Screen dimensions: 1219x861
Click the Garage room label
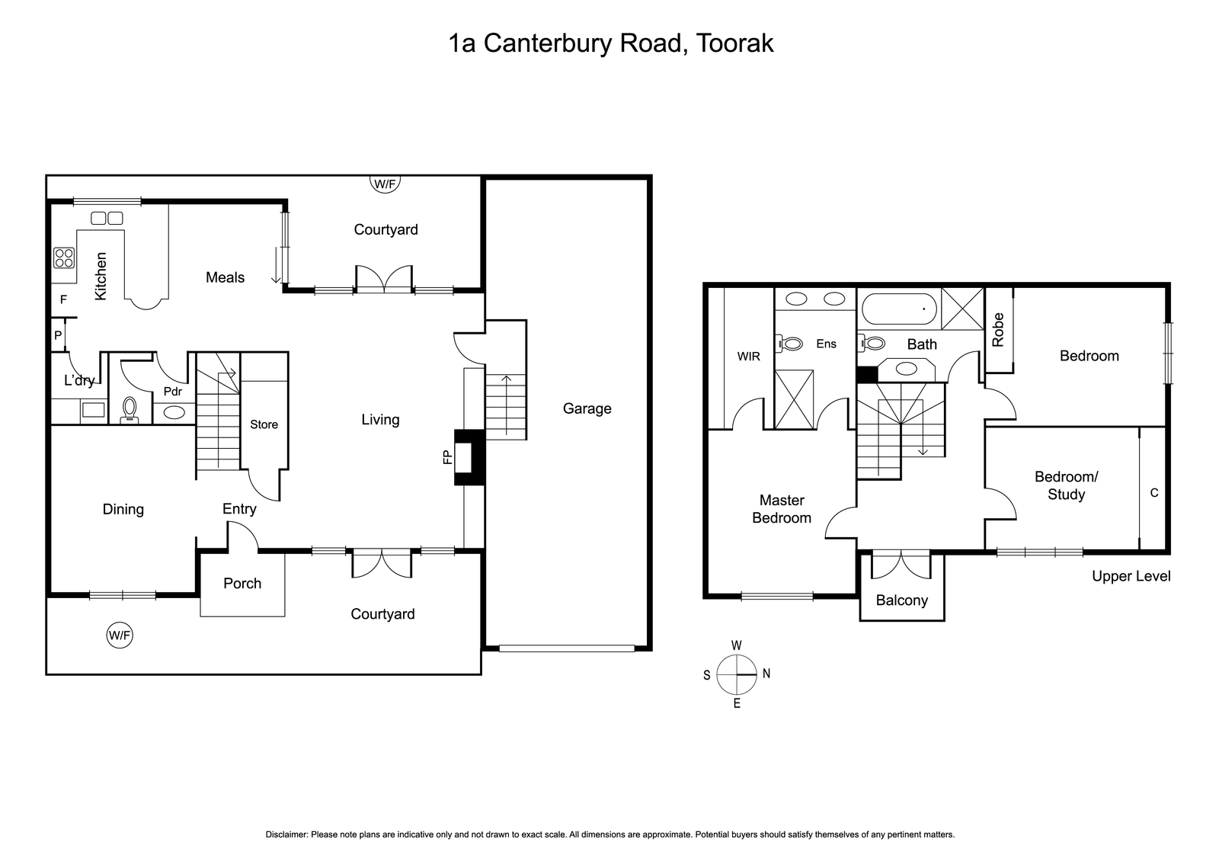coord(587,408)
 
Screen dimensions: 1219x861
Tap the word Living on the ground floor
coord(380,420)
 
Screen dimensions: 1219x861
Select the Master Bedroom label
coord(782,509)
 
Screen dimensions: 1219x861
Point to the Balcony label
coord(902,600)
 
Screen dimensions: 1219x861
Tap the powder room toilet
coord(130,411)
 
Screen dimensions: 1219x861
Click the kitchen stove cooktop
coord(64,258)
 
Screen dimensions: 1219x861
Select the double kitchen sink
coord(107,218)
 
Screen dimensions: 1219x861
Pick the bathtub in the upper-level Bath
coord(899,309)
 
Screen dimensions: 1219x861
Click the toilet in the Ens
coord(789,344)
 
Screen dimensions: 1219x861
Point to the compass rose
coord(736,675)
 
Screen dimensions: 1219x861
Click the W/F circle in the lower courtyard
coord(120,635)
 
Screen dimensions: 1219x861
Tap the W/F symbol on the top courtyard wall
coord(385,184)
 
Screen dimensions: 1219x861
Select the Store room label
coord(264,424)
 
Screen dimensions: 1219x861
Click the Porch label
coord(242,584)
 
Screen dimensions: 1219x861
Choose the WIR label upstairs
coord(748,357)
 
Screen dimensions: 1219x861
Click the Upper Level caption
coord(1131,576)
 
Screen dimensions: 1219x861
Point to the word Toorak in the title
coord(734,43)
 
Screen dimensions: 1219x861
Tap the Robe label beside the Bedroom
coord(997,330)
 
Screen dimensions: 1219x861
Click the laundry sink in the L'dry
coord(93,409)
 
